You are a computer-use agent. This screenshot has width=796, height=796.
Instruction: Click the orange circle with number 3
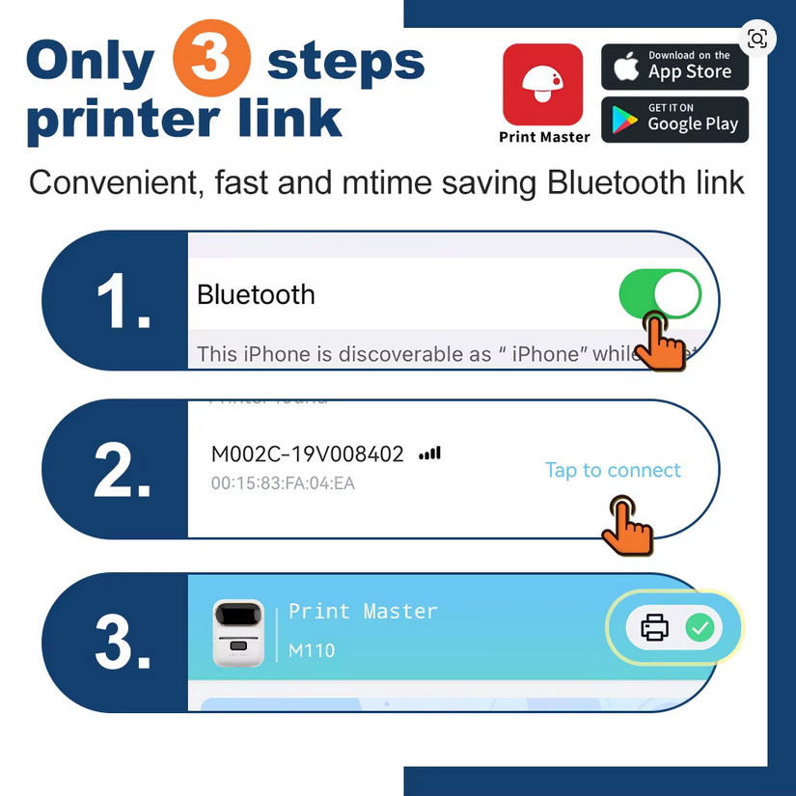click(x=211, y=60)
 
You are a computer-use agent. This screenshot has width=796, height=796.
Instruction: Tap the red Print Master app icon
click(x=543, y=85)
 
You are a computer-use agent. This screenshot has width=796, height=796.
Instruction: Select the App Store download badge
click(x=674, y=67)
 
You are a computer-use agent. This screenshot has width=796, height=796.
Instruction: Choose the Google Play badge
click(x=674, y=119)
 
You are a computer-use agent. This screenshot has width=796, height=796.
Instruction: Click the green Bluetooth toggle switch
click(x=660, y=294)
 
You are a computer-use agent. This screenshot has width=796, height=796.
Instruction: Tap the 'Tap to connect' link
click(x=613, y=470)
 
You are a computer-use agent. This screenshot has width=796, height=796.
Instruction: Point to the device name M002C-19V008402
click(x=307, y=454)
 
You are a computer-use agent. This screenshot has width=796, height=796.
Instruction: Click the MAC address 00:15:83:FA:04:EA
click(x=283, y=482)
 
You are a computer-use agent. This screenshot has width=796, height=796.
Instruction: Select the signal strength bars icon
click(x=429, y=453)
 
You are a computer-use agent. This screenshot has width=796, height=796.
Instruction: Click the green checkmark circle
click(x=700, y=628)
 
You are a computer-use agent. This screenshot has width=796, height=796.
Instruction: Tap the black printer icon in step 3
click(x=655, y=628)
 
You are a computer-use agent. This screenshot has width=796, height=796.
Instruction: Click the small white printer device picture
click(x=237, y=632)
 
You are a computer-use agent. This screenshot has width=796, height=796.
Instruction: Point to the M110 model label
click(x=312, y=650)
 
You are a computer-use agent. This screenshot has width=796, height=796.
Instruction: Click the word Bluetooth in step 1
click(x=256, y=294)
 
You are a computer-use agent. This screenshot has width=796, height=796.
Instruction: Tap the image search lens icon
click(x=757, y=39)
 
